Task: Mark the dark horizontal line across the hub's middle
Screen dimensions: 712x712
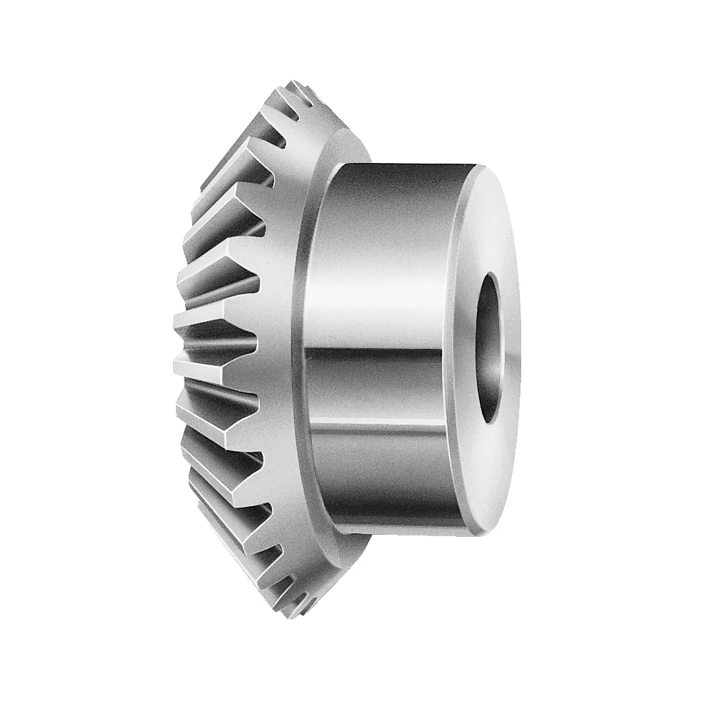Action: tap(384, 352)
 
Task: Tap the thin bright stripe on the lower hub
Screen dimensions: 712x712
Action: tap(384, 427)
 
